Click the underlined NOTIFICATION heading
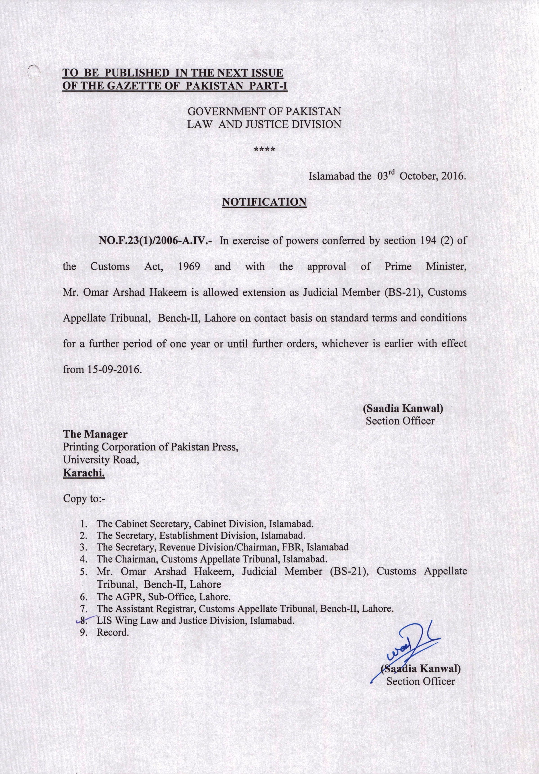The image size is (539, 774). [x=264, y=202]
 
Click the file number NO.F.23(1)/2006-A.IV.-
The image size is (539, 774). [x=155, y=241]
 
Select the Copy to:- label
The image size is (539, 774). [x=84, y=498]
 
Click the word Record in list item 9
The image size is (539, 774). [x=113, y=632]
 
